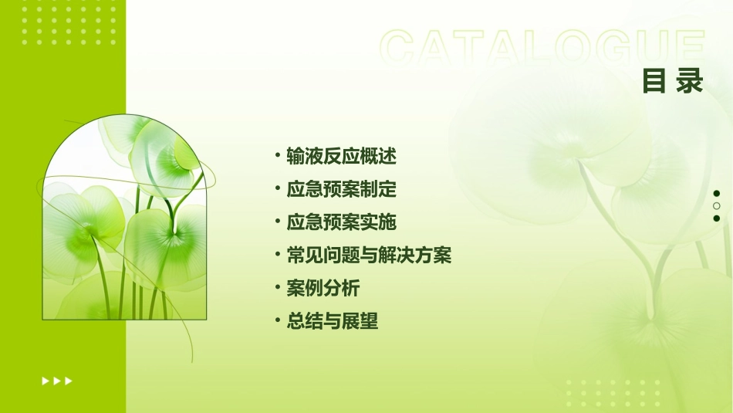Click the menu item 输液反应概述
[341, 157]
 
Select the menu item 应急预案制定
[341, 189]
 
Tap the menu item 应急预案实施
[341, 222]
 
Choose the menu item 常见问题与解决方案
[369, 255]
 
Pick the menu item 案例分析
[323, 289]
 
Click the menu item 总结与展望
[332, 321]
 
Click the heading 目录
[673, 80]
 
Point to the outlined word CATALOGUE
[542, 48]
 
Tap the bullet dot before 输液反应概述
[277, 156]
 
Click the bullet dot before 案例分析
[277, 288]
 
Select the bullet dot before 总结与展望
[277, 320]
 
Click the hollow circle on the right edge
[717, 206]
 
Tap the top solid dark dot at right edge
[717, 194]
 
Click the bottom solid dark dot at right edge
[717, 218]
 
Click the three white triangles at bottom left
[57, 381]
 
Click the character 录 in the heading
[691, 80]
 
